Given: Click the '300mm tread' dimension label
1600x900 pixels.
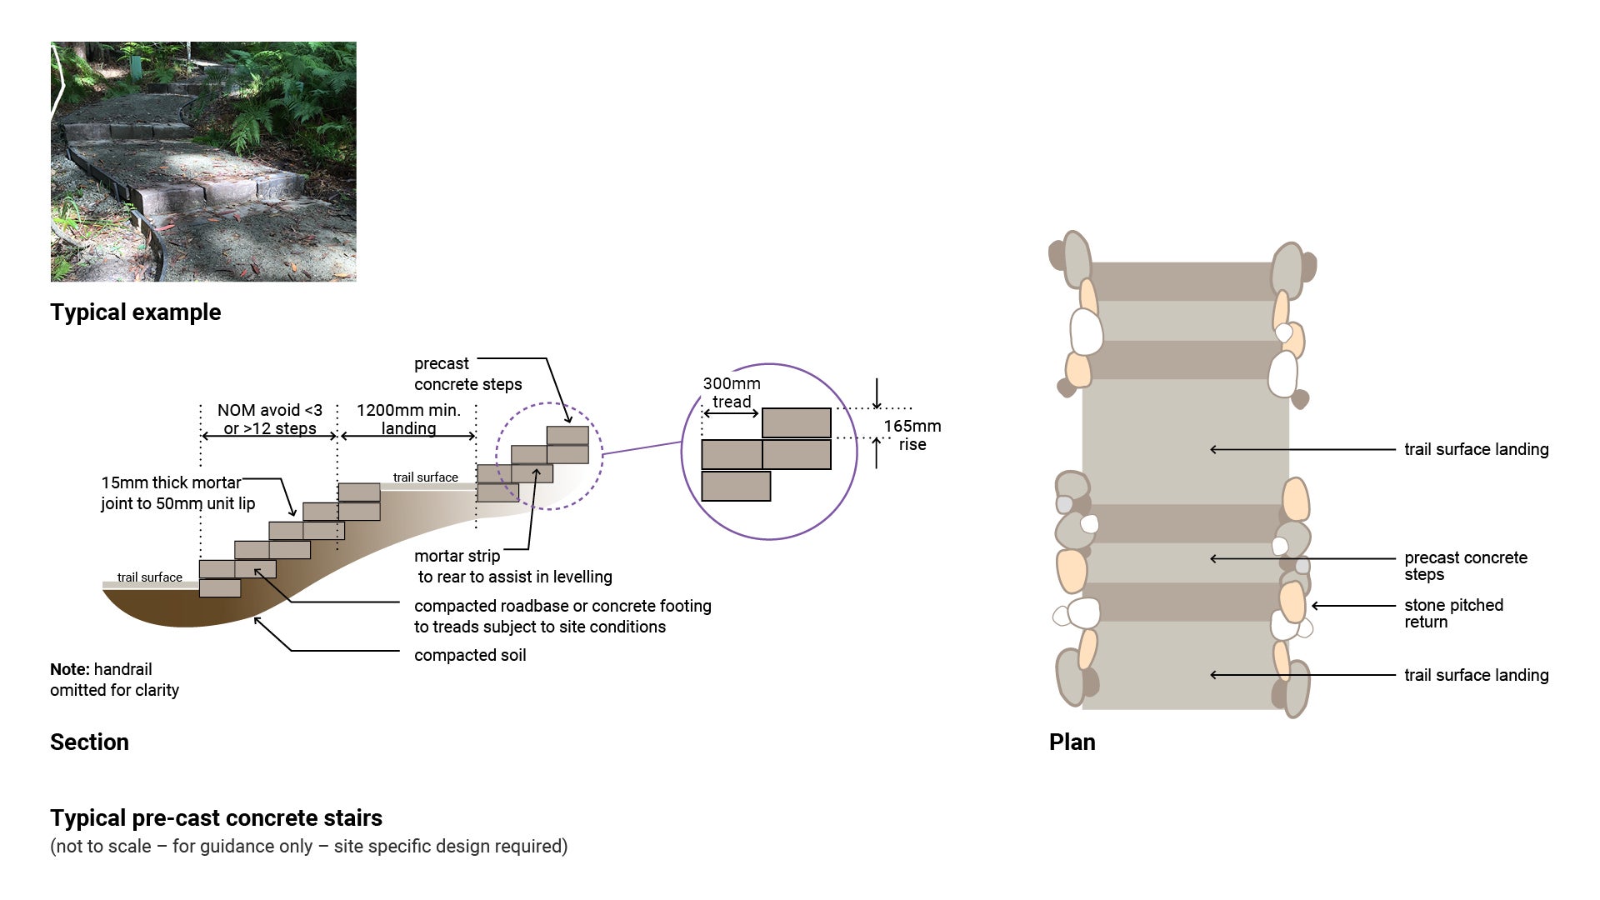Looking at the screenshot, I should [732, 392].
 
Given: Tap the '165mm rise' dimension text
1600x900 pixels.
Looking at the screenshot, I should [912, 435].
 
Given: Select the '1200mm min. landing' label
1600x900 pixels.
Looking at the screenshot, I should [408, 419].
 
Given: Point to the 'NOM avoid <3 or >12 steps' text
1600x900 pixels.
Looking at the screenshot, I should [269, 419].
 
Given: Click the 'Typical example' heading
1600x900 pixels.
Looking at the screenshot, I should [135, 312].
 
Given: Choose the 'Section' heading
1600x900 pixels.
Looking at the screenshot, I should [89, 742].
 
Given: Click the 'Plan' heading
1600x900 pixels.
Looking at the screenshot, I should [1072, 742].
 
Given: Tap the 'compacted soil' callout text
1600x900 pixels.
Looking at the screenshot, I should [470, 655].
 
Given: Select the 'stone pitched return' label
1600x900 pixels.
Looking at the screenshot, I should [1453, 613].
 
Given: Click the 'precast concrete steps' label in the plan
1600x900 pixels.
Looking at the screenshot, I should [1465, 566].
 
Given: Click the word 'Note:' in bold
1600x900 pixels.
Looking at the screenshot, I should [69, 669].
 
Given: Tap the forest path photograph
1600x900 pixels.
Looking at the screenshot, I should [203, 162].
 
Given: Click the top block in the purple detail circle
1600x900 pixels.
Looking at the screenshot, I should [796, 422].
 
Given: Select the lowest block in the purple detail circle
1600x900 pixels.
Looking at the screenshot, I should [736, 486].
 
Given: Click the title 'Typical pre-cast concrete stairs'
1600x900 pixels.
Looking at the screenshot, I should [216, 818].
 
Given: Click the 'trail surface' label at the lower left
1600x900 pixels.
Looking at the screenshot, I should [149, 577].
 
